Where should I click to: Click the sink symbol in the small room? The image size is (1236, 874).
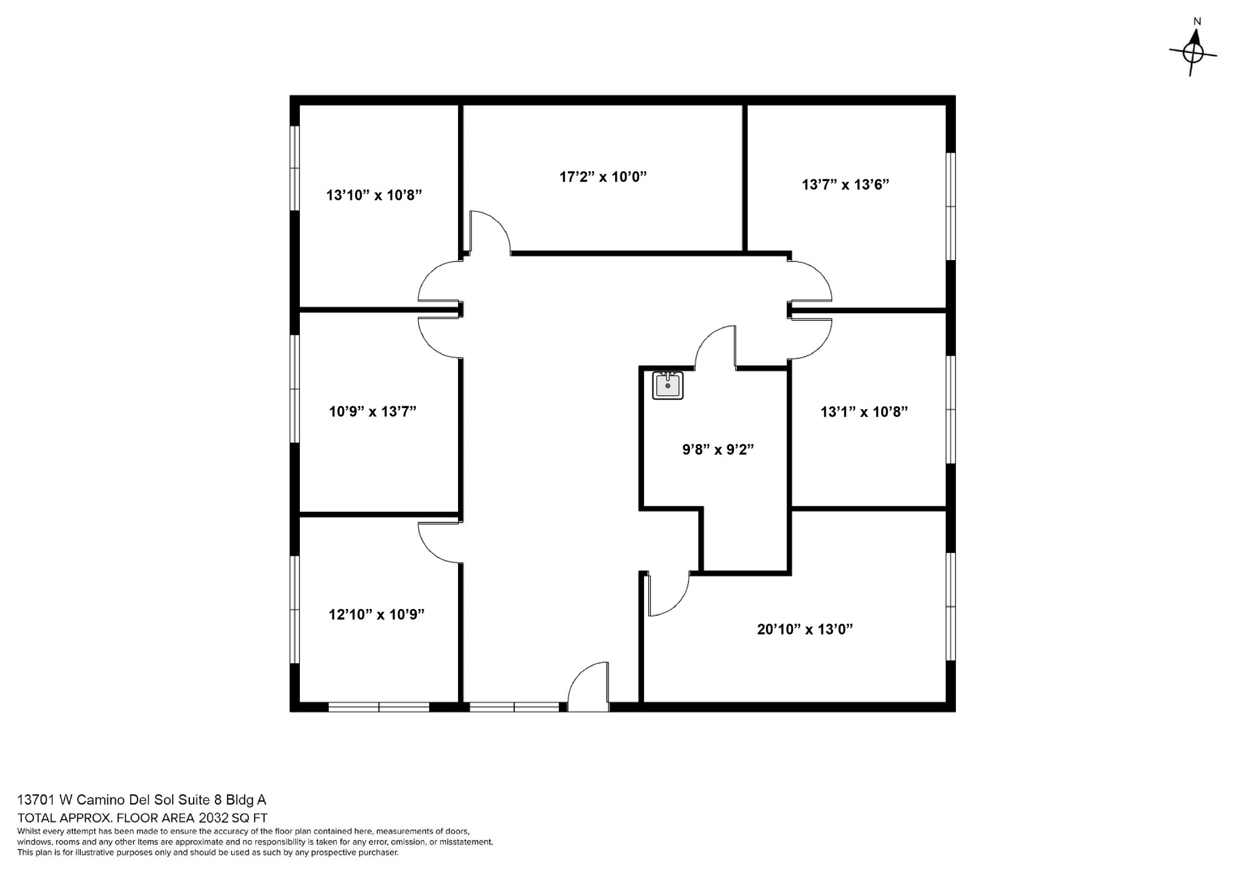667,385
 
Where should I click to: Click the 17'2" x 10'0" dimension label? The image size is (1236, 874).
603,177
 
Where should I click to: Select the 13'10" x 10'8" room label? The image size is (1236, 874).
374,195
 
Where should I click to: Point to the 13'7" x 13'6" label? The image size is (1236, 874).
845,185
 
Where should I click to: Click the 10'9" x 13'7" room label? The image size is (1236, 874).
372,412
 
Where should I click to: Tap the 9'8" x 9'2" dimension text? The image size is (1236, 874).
718,450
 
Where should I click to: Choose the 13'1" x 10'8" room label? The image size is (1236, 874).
864,412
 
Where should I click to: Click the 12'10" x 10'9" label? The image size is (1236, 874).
376,614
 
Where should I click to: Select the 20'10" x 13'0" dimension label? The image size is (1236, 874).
804,630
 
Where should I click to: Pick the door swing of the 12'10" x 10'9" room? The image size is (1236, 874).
439,542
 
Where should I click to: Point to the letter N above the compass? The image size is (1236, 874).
1197,22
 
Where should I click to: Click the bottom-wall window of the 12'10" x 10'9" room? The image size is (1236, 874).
378,707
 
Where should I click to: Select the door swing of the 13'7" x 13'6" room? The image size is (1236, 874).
811,281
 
